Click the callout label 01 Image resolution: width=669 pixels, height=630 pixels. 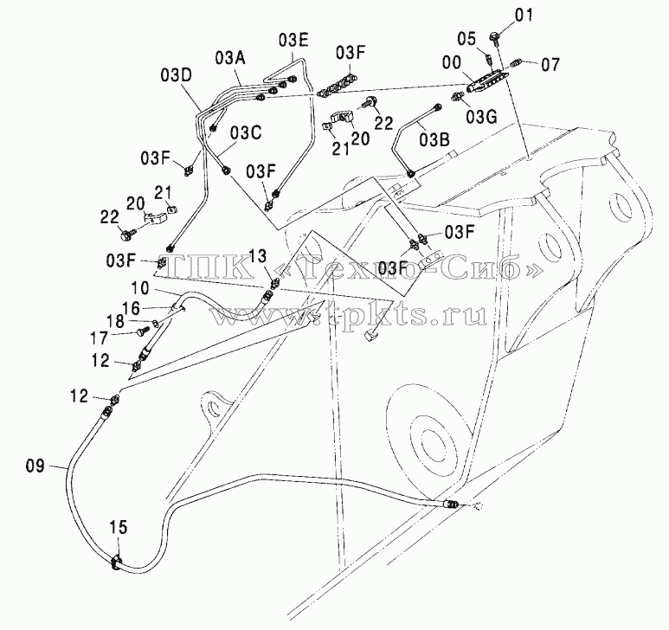click(x=524, y=16)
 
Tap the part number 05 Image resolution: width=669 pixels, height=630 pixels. click(x=466, y=40)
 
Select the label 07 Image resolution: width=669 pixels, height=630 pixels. click(x=550, y=65)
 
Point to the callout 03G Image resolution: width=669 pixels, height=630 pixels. click(x=481, y=117)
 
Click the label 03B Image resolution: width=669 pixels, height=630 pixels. click(x=434, y=140)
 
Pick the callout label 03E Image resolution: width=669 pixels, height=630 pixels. click(x=293, y=40)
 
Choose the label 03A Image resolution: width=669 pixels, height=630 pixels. click(x=230, y=58)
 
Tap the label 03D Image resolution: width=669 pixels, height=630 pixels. click(x=177, y=76)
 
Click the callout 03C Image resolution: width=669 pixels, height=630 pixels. click(x=245, y=133)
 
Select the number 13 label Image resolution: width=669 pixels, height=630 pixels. click(x=258, y=257)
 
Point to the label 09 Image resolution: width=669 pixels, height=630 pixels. click(x=35, y=466)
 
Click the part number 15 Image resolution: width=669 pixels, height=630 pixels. click(x=119, y=527)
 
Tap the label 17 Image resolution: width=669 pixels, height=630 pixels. click(x=99, y=338)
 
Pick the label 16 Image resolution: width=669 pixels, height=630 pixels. click(x=131, y=307)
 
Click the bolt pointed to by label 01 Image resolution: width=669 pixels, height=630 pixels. click(x=495, y=36)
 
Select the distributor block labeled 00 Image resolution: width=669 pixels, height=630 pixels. click(x=487, y=82)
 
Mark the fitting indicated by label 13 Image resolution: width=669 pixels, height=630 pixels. click(x=275, y=282)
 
